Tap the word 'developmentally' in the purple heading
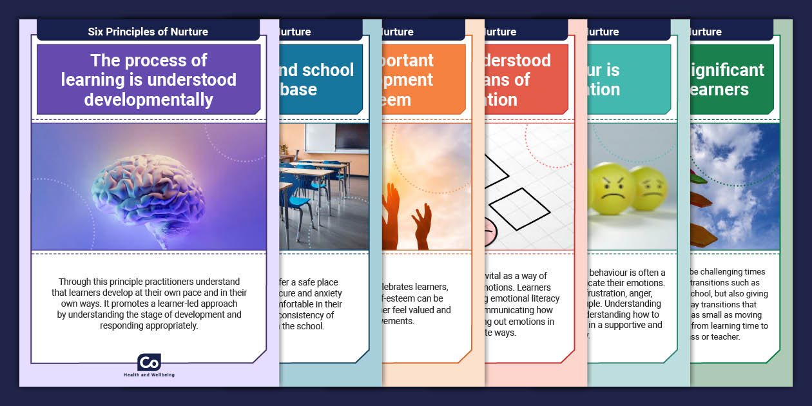pyautogui.click(x=149, y=100)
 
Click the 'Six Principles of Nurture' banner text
pyautogui.click(x=148, y=32)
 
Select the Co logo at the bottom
pyautogui.click(x=149, y=362)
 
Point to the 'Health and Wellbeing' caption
pyautogui.click(x=149, y=375)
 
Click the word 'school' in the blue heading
pyautogui.click(x=327, y=70)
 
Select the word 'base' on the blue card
pyautogui.click(x=298, y=90)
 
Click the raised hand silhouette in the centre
pyautogui.click(x=422, y=226)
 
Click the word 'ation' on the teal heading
pyautogui.click(x=603, y=90)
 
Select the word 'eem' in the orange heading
pyautogui.click(x=396, y=100)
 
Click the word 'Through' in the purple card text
pyautogui.click(x=75, y=282)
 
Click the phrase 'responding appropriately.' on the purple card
pyautogui.click(x=149, y=326)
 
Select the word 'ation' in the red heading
pyautogui.click(x=501, y=100)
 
